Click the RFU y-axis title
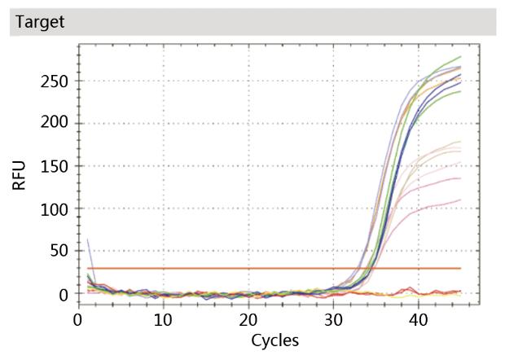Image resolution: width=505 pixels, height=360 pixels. pos(19,174)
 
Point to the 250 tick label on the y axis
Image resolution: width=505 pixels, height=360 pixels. pos(53,81)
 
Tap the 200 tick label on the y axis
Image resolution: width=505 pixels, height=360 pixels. pos(53,124)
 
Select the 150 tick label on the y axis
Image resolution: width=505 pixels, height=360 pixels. pos(53,166)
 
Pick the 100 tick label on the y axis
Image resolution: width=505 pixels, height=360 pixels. pos(53,209)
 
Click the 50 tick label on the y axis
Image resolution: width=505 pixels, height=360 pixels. pos(57,251)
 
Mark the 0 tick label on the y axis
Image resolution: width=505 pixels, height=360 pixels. pos(62,293)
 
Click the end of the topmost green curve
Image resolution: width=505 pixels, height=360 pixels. pos(460,57)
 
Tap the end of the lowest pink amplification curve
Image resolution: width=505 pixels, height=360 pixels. pos(460,200)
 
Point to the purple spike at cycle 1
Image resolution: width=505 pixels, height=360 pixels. pos(87,240)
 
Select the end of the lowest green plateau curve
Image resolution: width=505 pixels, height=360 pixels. pos(460,91)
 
